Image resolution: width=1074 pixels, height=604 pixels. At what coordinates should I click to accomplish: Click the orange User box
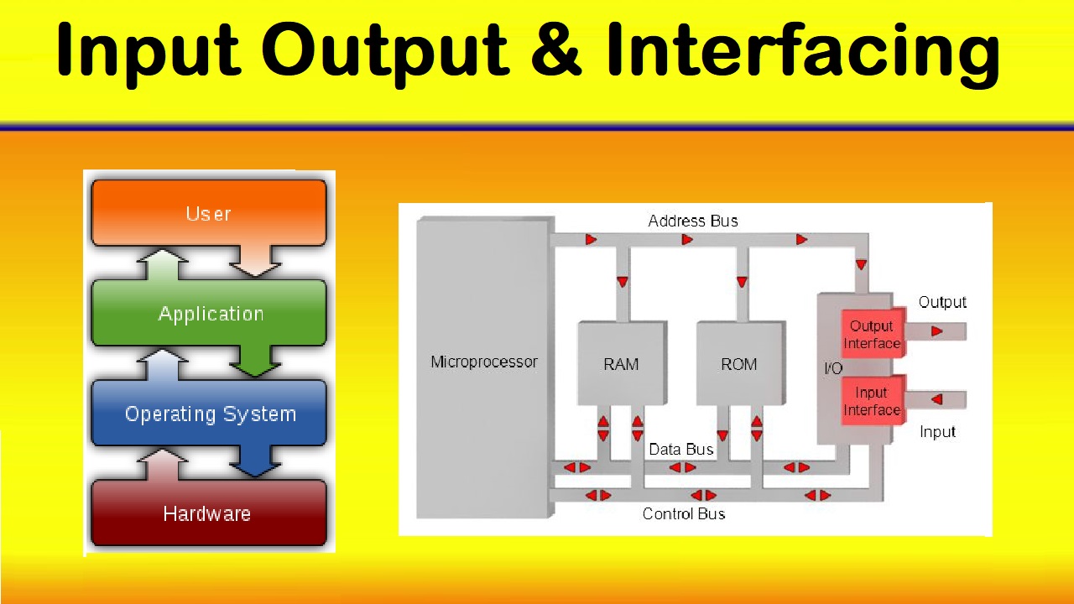[208, 213]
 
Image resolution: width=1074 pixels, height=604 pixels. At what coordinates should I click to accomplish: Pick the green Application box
[210, 314]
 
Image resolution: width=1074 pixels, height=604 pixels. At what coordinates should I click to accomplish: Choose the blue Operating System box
[210, 414]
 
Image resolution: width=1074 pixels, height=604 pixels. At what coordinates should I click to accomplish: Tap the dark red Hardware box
[207, 513]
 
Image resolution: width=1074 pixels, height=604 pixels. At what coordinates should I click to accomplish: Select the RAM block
[621, 364]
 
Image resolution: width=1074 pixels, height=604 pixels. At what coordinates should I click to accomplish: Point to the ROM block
[738, 364]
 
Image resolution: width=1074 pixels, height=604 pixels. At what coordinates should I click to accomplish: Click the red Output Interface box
[872, 335]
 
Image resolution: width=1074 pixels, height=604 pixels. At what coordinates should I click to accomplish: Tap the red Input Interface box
[872, 401]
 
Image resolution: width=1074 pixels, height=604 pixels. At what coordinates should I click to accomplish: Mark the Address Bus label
[693, 221]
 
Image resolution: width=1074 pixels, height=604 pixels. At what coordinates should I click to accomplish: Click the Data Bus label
[680, 450]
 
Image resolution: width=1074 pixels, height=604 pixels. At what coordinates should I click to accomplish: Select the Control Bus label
[683, 513]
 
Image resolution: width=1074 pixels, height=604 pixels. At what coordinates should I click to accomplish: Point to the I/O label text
[832, 368]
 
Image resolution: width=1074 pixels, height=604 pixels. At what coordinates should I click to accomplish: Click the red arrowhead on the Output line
[936, 331]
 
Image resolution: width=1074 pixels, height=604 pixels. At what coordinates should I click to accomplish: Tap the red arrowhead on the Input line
[936, 399]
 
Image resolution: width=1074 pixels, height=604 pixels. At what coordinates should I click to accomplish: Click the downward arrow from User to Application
[255, 261]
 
